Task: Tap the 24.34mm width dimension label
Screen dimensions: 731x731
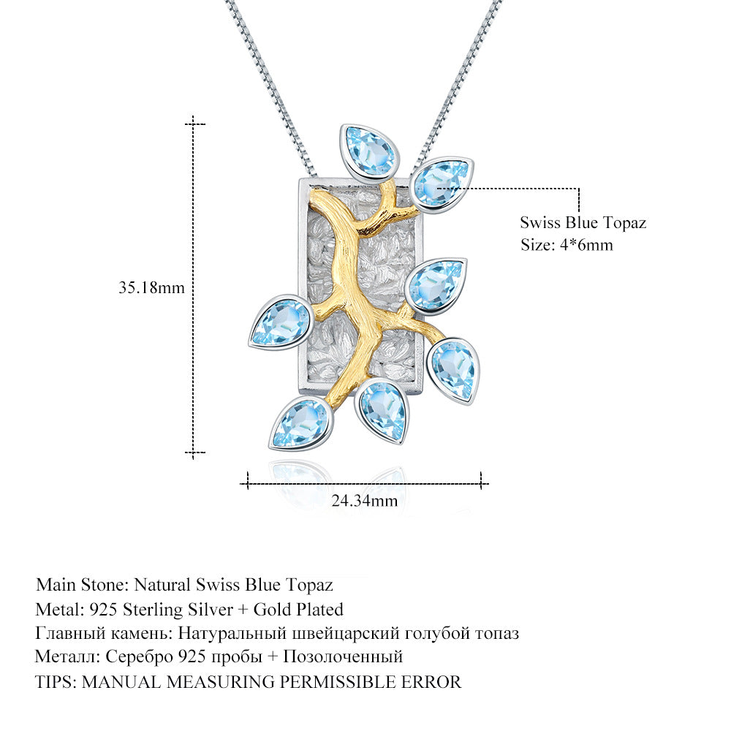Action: (x=365, y=501)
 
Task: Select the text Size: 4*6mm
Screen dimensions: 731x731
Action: (x=567, y=245)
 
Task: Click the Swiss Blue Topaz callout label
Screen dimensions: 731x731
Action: (x=583, y=223)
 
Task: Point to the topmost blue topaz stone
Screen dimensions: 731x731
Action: (x=370, y=152)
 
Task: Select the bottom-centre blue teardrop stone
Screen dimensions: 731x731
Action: (x=381, y=411)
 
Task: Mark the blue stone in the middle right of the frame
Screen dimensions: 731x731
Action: (x=436, y=286)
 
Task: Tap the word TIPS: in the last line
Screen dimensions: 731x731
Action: (x=56, y=682)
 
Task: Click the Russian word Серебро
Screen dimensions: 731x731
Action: (x=143, y=657)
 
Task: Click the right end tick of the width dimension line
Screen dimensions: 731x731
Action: (x=481, y=480)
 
